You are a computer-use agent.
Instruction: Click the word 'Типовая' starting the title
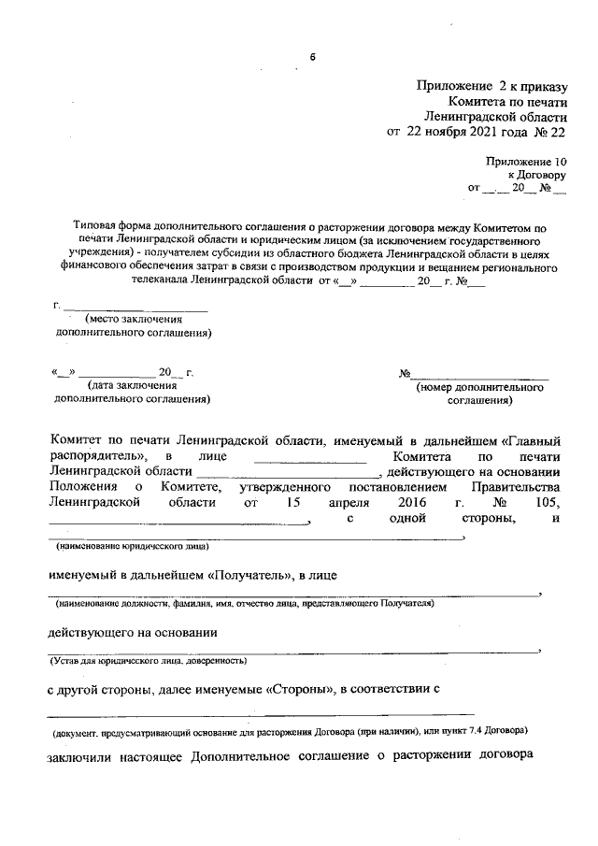pyautogui.click(x=96, y=226)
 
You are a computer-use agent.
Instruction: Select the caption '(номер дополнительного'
pyautogui.click(x=477, y=385)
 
